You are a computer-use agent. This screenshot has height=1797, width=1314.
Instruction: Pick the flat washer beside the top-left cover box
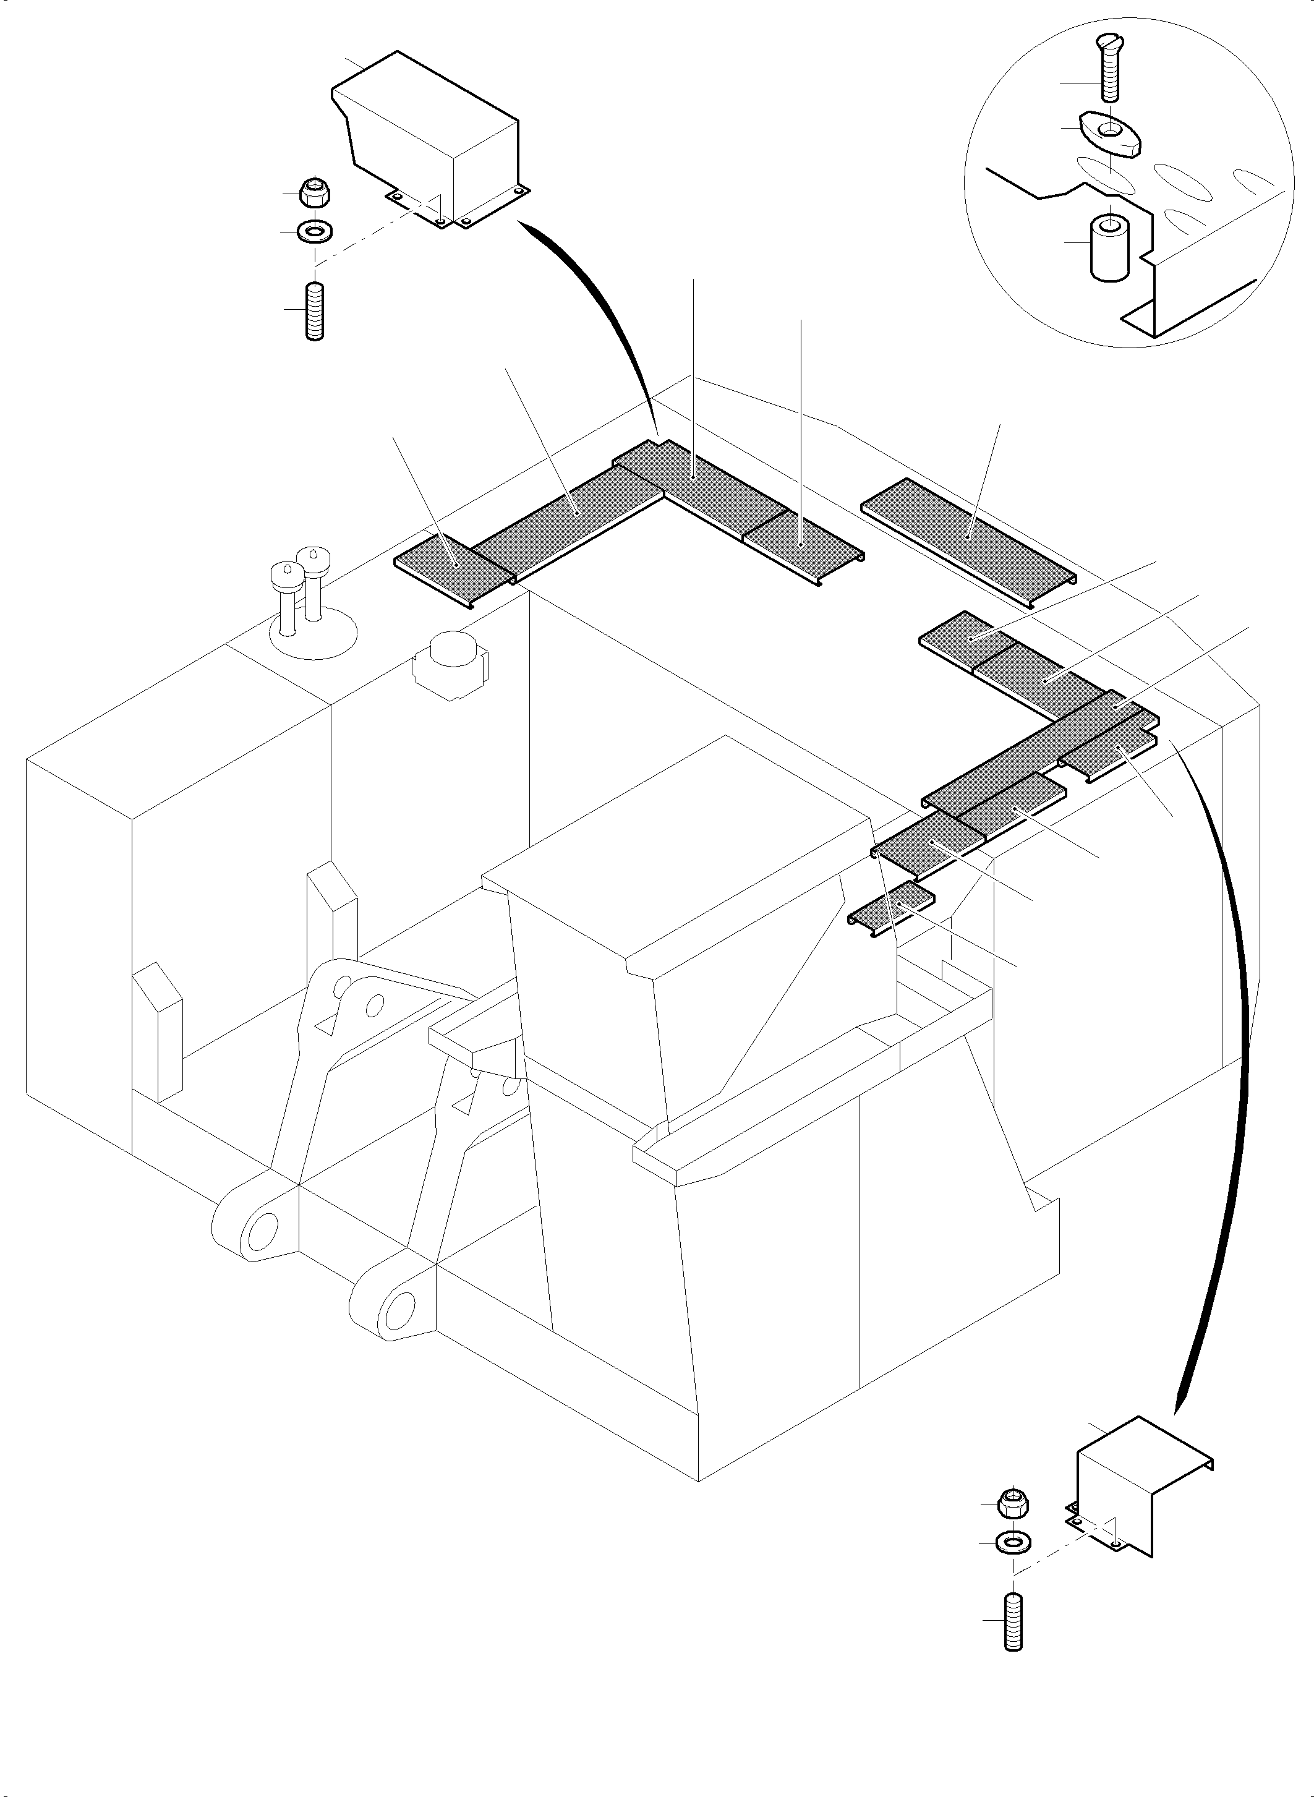coord(315,233)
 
